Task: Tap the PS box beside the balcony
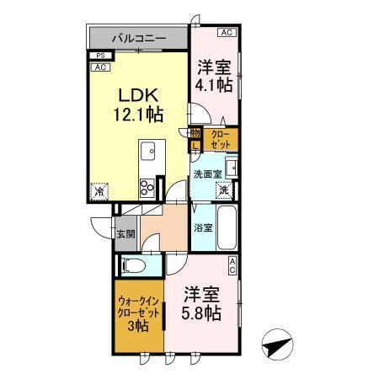99,56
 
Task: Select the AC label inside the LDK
99,67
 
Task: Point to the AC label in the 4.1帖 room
225,33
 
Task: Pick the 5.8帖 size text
200,313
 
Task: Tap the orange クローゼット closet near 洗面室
221,139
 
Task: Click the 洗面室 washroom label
207,173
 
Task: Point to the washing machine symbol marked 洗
225,190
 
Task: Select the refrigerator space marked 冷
99,192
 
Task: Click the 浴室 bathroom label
203,227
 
